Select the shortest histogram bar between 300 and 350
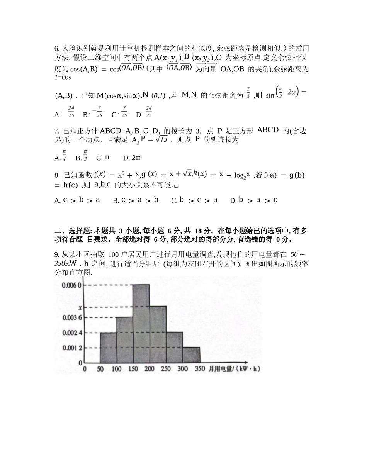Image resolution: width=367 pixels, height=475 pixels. click(192, 355)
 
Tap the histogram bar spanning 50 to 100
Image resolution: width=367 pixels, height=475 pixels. click(108, 348)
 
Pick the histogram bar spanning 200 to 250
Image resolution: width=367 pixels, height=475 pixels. click(158, 334)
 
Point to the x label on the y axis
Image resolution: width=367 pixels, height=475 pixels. click(80, 308)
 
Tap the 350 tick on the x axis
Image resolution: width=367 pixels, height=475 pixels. click(200, 369)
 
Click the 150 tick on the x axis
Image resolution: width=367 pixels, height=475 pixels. click(133, 369)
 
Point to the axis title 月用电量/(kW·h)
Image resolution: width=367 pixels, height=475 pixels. click(234, 369)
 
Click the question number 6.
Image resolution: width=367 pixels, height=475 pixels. click(57, 48)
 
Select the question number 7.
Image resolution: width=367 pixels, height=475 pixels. click(57, 131)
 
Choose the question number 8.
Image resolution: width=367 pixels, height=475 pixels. click(57, 176)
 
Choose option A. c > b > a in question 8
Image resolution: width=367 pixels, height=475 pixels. click(78, 200)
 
